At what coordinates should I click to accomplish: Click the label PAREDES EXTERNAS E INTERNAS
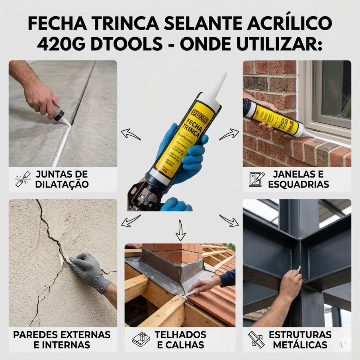click(x=62, y=339)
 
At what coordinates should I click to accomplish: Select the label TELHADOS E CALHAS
click(x=180, y=339)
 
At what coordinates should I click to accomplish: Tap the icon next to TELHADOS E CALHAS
click(x=141, y=339)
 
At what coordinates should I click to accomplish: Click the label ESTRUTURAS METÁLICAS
click(x=300, y=339)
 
